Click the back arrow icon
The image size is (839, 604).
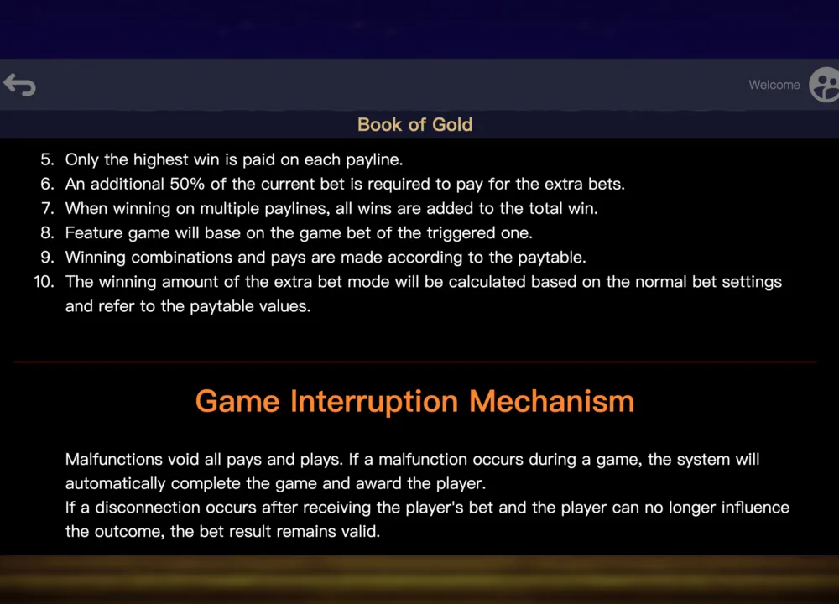[19, 85]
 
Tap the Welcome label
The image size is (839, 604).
[774, 85]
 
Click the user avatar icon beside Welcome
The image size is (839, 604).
[824, 85]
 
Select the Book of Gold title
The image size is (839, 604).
[414, 125]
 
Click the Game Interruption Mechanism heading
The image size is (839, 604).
[414, 401]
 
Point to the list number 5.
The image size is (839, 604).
[47, 159]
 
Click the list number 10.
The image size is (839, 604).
[44, 281]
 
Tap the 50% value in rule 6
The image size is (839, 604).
[187, 184]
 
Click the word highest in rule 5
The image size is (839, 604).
[161, 159]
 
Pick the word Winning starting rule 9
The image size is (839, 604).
[96, 258]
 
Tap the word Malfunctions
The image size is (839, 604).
[114, 459]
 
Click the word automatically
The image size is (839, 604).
[116, 484]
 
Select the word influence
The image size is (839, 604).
[755, 508]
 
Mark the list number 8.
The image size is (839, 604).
[47, 232]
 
